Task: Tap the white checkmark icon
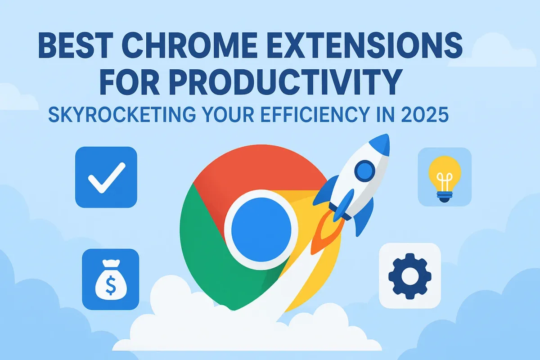pyautogui.click(x=106, y=177)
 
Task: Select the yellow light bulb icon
pyautogui.click(x=445, y=178)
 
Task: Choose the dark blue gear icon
pyautogui.click(x=409, y=275)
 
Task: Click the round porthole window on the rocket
pyautogui.click(x=364, y=171)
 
